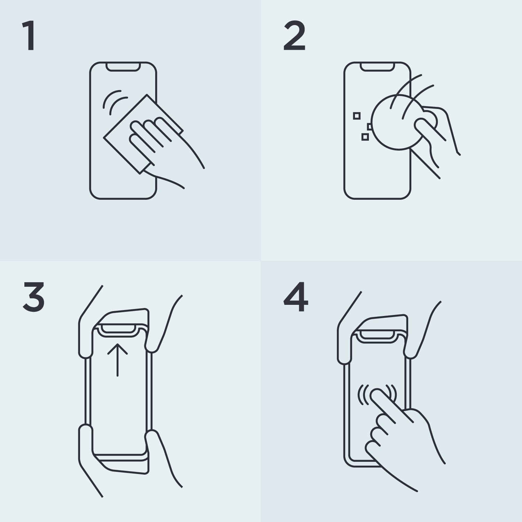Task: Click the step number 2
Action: [294, 36]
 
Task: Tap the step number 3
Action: [34, 297]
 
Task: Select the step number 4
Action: [296, 297]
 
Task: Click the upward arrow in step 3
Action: [117, 360]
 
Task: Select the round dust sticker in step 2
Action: [398, 122]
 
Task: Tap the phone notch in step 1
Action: [123, 67]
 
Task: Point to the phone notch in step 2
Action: [378, 67]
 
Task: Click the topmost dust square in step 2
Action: [357, 116]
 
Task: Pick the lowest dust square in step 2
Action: [365, 137]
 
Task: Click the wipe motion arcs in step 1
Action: [115, 101]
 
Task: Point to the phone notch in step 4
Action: [378, 335]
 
